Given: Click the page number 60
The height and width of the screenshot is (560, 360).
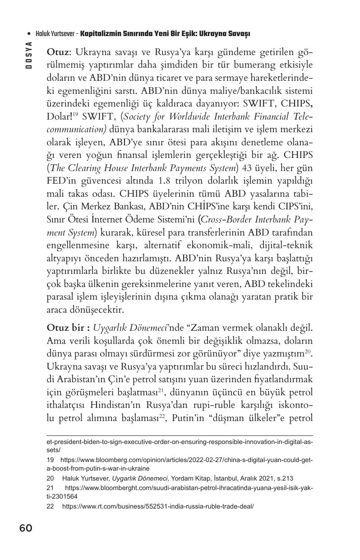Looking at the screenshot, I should tap(26, 528).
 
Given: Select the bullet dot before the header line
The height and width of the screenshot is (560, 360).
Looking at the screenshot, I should tap(29, 34).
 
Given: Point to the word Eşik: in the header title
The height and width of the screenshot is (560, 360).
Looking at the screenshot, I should tap(182, 34).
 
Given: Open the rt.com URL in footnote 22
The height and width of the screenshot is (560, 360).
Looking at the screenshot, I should tap(158, 506).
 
